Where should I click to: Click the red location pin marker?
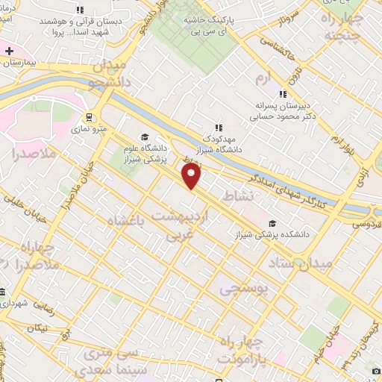tap(192, 176)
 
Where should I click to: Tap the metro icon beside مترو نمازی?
tap(89, 117)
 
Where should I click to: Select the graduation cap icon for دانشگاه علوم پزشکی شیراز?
tap(144, 137)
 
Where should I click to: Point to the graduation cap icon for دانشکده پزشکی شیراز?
tap(272, 223)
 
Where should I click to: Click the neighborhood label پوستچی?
tap(242, 289)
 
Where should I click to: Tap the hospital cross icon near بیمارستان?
tap(8, 51)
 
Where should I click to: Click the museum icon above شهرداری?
tap(4, 292)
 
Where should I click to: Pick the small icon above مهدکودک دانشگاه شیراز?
tap(218, 128)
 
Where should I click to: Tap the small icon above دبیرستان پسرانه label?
tap(282, 94)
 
